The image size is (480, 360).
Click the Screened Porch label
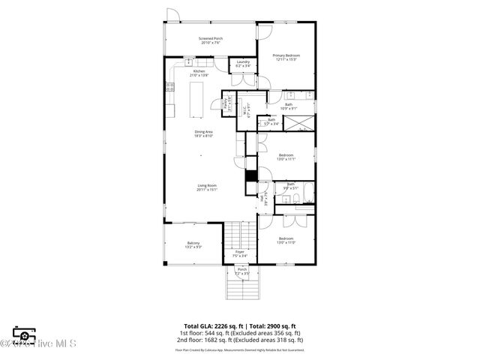211,40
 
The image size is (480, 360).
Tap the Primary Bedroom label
286,57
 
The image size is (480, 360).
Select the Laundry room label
243,64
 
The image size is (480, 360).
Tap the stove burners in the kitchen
169,87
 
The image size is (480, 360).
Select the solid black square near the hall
251,176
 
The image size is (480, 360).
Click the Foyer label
240,253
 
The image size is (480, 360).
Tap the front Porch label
241,271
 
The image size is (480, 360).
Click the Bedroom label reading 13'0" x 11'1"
286,157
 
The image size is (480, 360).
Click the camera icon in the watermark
24,335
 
